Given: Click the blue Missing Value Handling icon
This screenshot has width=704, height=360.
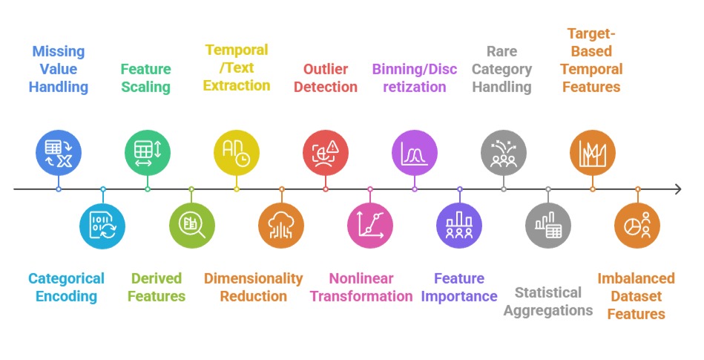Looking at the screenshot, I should (59, 152).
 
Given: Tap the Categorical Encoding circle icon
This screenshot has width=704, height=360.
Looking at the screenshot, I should (103, 225).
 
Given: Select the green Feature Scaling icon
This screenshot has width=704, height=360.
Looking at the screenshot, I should (148, 152).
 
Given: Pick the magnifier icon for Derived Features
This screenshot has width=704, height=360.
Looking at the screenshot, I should (191, 225).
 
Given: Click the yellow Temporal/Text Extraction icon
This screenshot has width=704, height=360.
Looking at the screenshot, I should (237, 152).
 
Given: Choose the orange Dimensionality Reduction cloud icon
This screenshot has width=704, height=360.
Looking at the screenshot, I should (281, 225).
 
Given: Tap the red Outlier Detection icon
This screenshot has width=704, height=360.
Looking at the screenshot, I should (326, 152).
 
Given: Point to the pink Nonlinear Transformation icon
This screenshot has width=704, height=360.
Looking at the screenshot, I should (370, 225).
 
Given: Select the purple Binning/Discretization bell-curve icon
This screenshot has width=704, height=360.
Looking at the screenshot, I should (415, 152).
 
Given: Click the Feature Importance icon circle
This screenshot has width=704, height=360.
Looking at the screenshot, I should (459, 225).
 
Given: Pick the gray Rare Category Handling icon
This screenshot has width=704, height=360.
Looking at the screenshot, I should (504, 152).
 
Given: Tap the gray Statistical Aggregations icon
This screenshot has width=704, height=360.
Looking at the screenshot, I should (548, 225).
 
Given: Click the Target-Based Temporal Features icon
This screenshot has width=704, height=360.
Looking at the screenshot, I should (593, 152).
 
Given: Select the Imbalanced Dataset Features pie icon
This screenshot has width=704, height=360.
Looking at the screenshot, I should (637, 225).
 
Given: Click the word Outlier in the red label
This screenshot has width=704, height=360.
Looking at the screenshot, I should (326, 69).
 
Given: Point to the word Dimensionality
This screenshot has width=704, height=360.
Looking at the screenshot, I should (254, 278).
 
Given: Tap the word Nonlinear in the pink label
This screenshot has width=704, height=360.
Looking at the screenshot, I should (361, 278).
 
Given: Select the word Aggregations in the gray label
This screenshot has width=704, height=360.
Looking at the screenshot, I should (548, 310).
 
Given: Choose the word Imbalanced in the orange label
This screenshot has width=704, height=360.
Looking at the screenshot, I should (636, 278).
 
